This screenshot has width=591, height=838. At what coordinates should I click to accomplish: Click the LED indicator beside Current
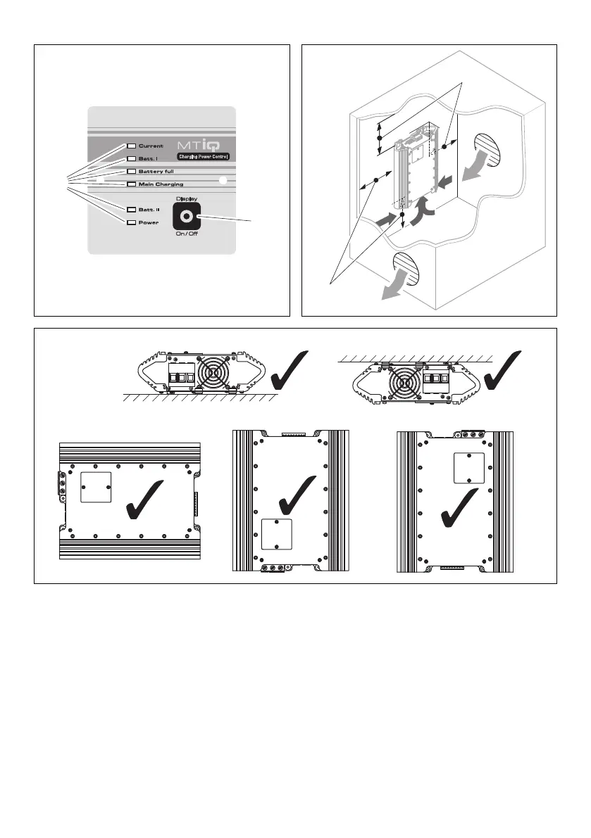[x=132, y=146]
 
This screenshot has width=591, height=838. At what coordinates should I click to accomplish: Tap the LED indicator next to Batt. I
[x=132, y=159]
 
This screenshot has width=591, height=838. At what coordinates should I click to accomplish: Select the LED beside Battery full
[x=132, y=172]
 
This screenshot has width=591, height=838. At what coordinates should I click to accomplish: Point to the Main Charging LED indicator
[x=132, y=184]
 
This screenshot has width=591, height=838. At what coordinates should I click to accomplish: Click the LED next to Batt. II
[x=132, y=210]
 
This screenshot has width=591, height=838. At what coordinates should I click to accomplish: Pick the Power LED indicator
[x=132, y=222]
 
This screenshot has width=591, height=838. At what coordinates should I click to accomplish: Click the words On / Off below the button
[x=187, y=234]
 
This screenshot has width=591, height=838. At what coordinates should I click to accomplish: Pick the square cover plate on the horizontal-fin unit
[x=97, y=488]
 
